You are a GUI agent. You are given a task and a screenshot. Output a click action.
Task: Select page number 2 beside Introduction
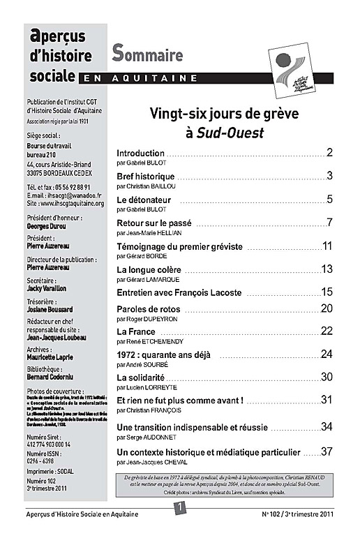point(329,153)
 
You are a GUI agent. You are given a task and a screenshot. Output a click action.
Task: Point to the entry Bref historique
point(145,177)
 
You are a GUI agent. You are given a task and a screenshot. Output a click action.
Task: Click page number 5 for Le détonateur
point(329,200)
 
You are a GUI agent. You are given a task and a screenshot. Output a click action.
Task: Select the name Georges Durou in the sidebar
point(46,228)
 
